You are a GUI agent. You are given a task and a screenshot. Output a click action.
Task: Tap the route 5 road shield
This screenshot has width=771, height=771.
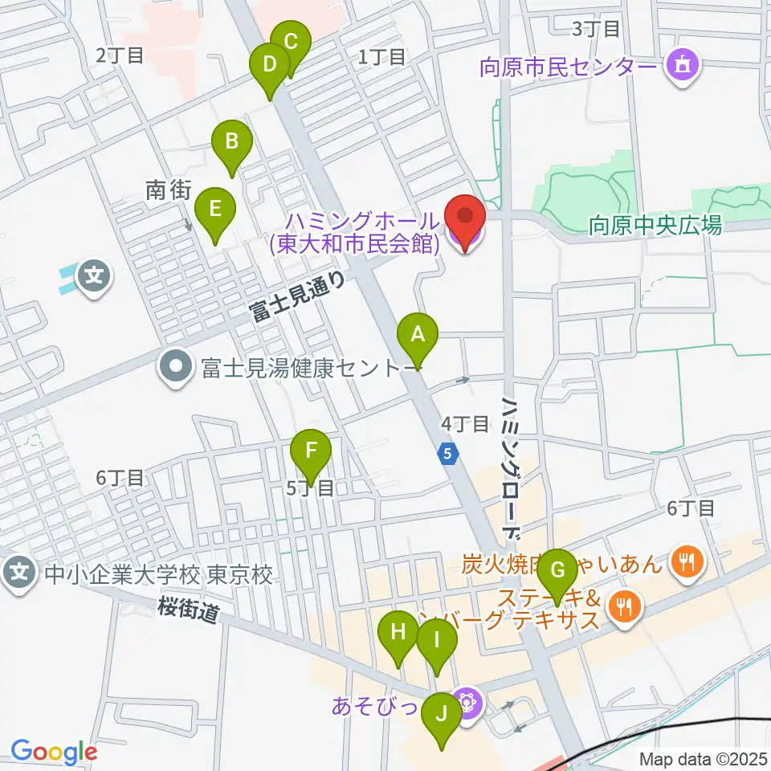point(448,454)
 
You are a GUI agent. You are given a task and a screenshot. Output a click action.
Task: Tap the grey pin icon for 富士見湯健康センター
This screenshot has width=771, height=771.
point(173,368)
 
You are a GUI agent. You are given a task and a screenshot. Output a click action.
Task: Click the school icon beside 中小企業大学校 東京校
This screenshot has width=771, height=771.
point(20,573)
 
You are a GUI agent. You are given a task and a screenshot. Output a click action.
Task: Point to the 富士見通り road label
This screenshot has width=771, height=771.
point(298,296)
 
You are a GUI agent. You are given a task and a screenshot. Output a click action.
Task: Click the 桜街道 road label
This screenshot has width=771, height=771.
point(189,613)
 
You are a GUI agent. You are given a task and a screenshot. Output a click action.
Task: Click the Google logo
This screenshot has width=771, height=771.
point(54,752)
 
